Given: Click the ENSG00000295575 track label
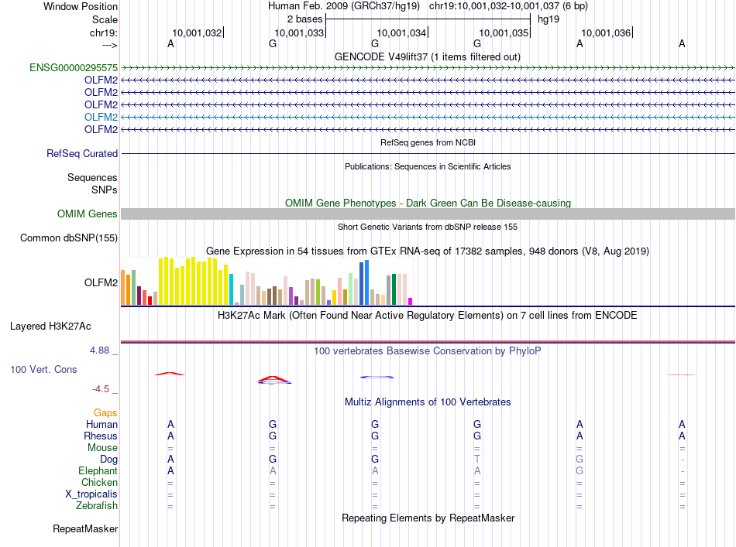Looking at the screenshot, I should pos(74,68).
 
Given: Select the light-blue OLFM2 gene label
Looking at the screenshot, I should pos(101,117).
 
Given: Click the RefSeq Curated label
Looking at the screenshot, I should pos(82,154).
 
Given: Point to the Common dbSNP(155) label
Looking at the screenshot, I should pos(69,238).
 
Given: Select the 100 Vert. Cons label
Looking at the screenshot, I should pos(43,370).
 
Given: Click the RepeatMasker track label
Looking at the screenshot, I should pos(85,529).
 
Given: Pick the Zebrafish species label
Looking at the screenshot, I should pos(98,506).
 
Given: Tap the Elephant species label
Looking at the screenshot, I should pos(98,471).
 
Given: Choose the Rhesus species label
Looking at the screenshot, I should pos(101,436).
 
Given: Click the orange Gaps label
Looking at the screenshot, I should pos(106,413).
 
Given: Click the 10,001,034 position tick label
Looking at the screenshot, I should pos(401,33).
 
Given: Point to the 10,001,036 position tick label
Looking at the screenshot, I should pos(606,33).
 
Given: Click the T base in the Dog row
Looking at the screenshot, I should pos(477,460).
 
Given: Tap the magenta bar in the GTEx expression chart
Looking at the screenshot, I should pos(411,301).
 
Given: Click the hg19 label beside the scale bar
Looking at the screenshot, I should pos(549,18).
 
